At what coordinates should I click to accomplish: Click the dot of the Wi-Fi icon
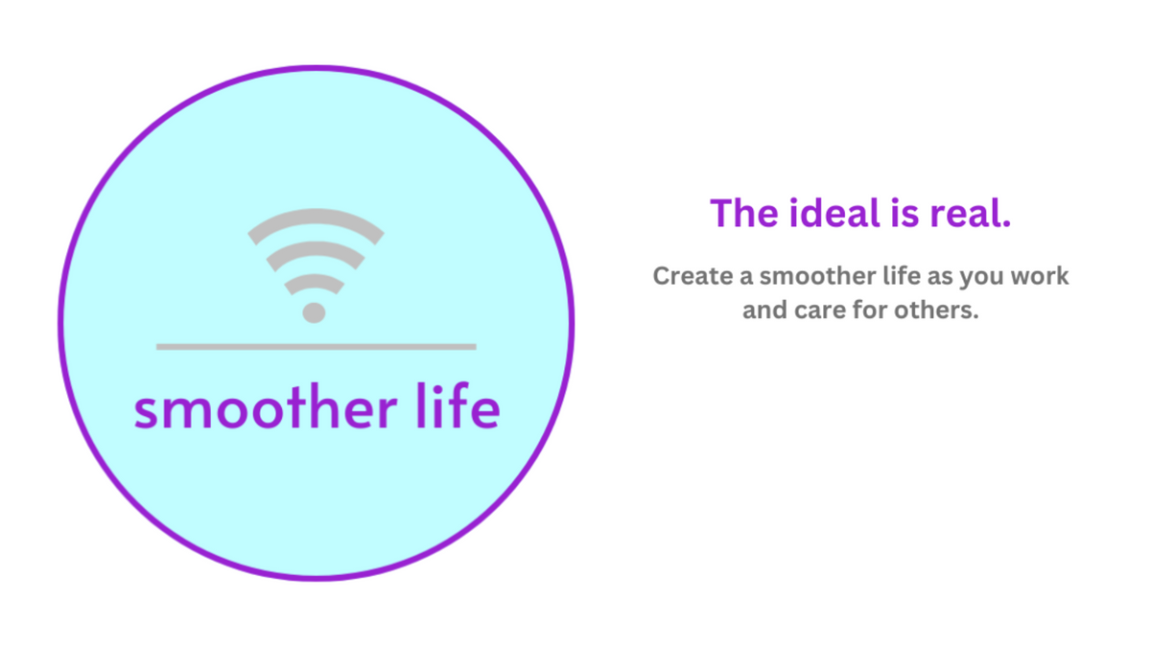point(314,312)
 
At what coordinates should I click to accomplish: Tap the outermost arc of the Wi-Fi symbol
point(316,217)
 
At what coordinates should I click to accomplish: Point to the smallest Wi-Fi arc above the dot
point(315,281)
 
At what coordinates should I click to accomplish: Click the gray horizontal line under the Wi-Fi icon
point(316,346)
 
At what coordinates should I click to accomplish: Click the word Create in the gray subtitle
point(688,276)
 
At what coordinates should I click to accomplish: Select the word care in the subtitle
point(815,312)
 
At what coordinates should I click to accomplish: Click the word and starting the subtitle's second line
point(763,312)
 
